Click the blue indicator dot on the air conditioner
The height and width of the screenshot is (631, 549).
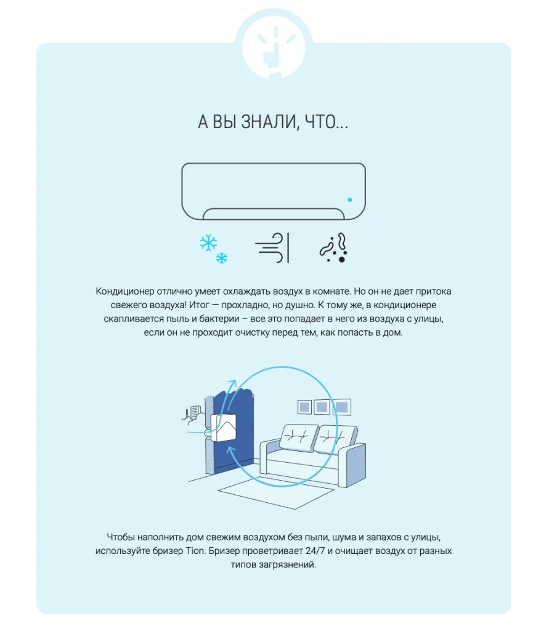pos(350,200)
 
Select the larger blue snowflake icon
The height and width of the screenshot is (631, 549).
pos(208,243)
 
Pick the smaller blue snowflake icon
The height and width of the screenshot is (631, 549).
pos(222,258)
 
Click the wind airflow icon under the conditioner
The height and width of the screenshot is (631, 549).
pos(272,248)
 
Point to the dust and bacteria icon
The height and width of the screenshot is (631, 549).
pos(333,248)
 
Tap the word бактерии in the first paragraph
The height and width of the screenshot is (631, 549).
pos(219,319)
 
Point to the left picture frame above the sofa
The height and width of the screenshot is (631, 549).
pos(304,407)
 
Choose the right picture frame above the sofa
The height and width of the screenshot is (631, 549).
pos(342,407)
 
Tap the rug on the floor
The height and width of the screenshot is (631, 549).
pos(276,493)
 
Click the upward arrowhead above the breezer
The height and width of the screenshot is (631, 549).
pos(232,383)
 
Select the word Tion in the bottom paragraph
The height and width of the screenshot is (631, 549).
pos(195,551)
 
